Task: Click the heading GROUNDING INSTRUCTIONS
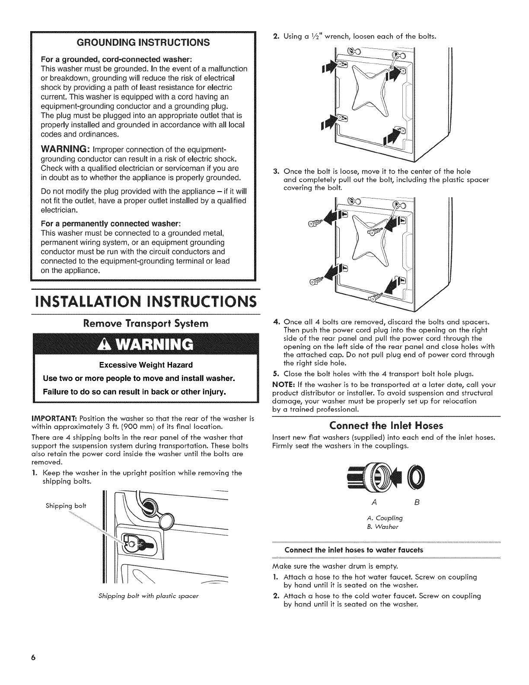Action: tap(143, 42)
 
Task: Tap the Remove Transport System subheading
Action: tap(142, 323)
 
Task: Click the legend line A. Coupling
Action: tap(384, 518)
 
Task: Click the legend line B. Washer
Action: tap(382, 526)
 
